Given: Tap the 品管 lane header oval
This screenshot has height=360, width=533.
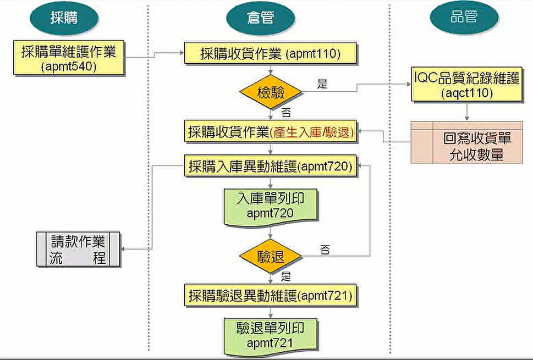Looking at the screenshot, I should coord(463,17).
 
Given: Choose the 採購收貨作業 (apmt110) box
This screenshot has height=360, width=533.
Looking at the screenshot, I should coord(271,54).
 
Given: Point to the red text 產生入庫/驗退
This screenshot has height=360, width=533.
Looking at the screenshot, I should coord(311,132).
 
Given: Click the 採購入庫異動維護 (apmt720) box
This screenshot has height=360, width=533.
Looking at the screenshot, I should coord(271,166).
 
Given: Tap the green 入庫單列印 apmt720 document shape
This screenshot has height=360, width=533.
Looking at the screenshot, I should coord(271,206).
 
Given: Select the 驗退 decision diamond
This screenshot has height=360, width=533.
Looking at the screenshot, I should coord(271,256).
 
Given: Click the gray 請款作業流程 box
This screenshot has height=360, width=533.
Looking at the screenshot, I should coord(79,249).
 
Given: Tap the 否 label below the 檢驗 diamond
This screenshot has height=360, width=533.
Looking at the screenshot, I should coord(286,114).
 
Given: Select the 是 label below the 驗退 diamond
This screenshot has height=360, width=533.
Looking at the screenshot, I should coord(286,275).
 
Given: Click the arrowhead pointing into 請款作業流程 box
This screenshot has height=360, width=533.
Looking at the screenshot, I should coord(124,249).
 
